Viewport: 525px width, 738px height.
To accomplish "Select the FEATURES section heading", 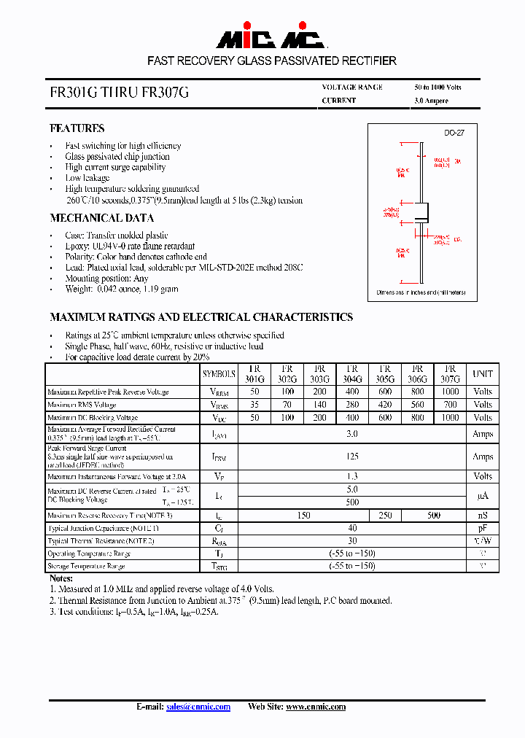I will pyautogui.click(x=77, y=128).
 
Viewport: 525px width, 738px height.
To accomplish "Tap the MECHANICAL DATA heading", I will pyautogui.click(x=101, y=218).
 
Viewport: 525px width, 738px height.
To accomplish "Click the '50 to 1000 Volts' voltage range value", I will pyautogui.click(x=437, y=88).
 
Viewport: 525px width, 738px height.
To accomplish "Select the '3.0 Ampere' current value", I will pyautogui.click(x=431, y=101).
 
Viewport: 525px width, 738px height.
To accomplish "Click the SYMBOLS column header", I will pyautogui.click(x=219, y=374).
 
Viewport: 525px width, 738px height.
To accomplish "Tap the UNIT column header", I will pyautogui.click(x=483, y=374).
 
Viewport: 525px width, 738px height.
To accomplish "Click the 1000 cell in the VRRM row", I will pyautogui.click(x=451, y=392).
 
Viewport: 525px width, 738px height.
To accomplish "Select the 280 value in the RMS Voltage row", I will pyautogui.click(x=353, y=405).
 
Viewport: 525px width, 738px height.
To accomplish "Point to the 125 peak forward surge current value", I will pyautogui.click(x=353, y=457).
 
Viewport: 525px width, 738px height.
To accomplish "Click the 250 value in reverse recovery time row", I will pyautogui.click(x=385, y=516).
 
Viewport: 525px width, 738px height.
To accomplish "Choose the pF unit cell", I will pyautogui.click(x=483, y=528).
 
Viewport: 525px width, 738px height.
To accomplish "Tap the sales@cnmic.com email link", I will pyautogui.click(x=198, y=707).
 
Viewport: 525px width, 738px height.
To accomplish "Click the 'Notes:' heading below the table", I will pyautogui.click(x=61, y=578).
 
